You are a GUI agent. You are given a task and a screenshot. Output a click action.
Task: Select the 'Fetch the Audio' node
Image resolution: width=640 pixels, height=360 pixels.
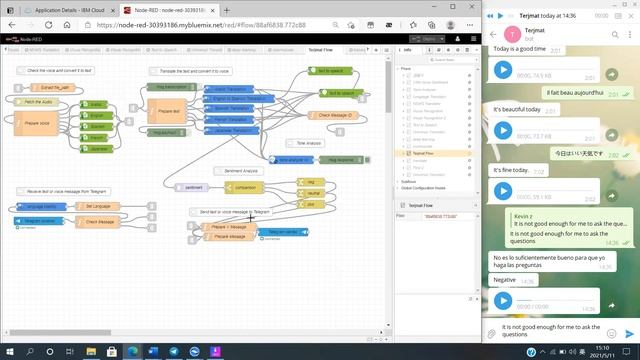tap(32, 102)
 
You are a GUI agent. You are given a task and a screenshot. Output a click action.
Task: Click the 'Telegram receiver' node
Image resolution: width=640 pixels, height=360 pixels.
tap(40, 221)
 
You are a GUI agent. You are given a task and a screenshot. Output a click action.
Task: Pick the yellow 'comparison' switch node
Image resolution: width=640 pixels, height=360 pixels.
tap(244, 187)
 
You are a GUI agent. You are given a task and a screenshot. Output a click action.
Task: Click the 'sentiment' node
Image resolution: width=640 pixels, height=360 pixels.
tap(192, 187)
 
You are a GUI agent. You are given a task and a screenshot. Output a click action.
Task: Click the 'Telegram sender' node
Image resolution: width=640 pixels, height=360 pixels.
tap(277, 232)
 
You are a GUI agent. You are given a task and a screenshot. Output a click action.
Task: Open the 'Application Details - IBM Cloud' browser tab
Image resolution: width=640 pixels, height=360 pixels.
tap(62, 10)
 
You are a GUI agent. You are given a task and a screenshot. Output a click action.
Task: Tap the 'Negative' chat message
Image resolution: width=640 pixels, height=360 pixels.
tap(505, 280)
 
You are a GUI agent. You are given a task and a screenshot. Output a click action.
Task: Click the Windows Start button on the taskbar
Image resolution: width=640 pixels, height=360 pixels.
tap(8, 352)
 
